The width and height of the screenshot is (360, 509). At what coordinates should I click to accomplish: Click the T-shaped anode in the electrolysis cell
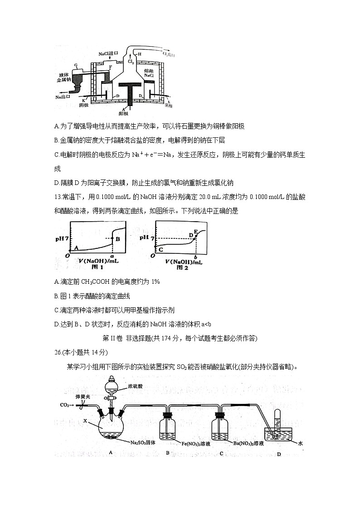click(129, 91)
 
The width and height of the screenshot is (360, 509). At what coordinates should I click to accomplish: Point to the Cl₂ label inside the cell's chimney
click(131, 60)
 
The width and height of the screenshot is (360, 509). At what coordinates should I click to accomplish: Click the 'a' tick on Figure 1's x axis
click(112, 257)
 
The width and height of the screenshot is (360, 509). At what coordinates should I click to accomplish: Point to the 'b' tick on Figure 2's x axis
click(195, 257)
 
